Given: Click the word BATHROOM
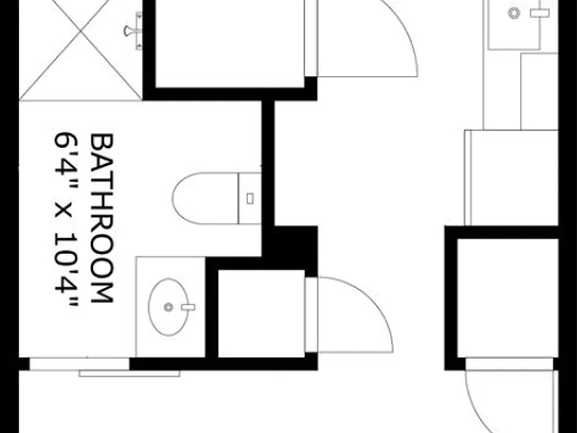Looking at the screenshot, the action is [x=101, y=218].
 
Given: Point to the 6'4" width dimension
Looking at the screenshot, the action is [x=66, y=160].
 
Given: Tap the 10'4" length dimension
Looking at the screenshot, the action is [x=66, y=269].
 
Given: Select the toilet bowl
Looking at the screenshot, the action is [x=205, y=198].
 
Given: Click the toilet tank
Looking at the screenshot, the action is [x=250, y=198].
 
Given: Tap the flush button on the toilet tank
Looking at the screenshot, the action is [x=250, y=198].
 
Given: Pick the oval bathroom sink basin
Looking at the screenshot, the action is [x=168, y=307].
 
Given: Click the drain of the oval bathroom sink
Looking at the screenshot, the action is [x=168, y=307].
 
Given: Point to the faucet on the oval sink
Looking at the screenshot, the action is [x=189, y=307].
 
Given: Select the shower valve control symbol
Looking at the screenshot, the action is [x=133, y=31].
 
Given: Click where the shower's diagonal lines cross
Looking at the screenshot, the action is [x=80, y=32].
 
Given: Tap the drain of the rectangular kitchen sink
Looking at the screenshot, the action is [x=514, y=14].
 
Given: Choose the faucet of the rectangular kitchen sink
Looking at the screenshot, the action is [x=540, y=14].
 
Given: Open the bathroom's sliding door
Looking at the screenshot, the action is [x=79, y=364].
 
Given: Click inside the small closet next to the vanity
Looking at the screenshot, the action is [x=261, y=313].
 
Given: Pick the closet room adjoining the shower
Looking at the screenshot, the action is [x=230, y=44].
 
